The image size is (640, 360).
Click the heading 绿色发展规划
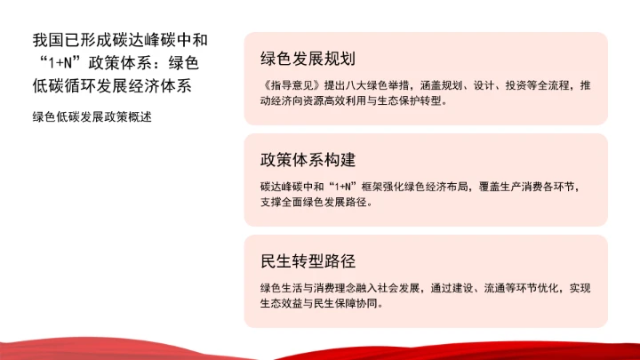click(x=308, y=59)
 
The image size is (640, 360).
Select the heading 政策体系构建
click(x=308, y=160)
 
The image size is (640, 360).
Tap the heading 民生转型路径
click(x=308, y=261)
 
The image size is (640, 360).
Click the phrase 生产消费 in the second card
click(x=517, y=188)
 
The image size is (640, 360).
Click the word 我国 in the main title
click(x=42, y=41)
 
